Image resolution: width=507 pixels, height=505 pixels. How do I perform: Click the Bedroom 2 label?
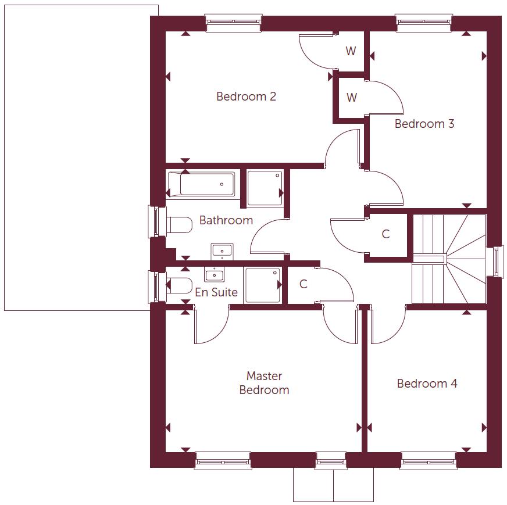point(246,96)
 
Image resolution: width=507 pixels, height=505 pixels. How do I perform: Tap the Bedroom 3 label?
point(424,124)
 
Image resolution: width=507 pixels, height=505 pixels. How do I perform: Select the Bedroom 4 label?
point(427,384)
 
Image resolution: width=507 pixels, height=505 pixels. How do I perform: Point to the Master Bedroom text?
point(264,383)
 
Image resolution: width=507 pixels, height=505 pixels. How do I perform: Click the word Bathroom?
point(226,220)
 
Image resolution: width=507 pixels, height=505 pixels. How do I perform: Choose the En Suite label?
point(216,292)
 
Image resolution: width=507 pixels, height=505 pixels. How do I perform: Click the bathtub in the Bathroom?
point(202,185)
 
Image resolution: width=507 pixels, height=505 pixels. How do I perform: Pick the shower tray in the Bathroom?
point(265,188)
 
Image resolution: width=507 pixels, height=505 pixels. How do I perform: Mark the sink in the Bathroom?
point(222,251)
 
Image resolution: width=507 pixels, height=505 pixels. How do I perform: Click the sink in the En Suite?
point(214,274)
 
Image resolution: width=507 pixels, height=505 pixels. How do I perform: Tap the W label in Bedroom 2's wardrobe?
point(351,51)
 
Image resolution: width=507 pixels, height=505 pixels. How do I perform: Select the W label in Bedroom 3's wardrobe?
point(351,98)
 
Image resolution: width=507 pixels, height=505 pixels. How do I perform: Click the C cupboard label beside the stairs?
point(385,234)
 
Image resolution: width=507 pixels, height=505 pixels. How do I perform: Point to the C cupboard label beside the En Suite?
point(303,284)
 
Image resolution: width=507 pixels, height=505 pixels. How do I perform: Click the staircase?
point(448,259)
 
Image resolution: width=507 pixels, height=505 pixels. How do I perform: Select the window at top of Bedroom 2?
point(234,24)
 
